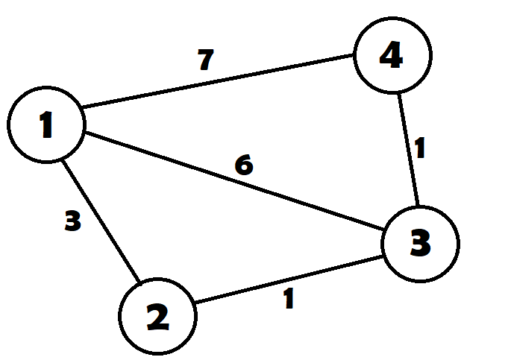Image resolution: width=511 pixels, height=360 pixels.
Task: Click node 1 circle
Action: point(46,124)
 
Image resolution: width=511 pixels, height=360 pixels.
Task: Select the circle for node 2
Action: point(158,317)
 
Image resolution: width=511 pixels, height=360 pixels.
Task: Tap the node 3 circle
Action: point(420,243)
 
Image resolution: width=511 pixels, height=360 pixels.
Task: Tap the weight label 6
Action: point(244,165)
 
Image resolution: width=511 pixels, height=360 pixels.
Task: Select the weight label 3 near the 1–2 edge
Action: point(72,221)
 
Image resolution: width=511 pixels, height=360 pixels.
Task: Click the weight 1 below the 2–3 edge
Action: point(289,299)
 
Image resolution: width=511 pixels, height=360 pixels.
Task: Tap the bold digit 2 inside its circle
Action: point(158,318)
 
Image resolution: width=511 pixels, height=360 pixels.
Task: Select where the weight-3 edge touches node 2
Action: point(139,284)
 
